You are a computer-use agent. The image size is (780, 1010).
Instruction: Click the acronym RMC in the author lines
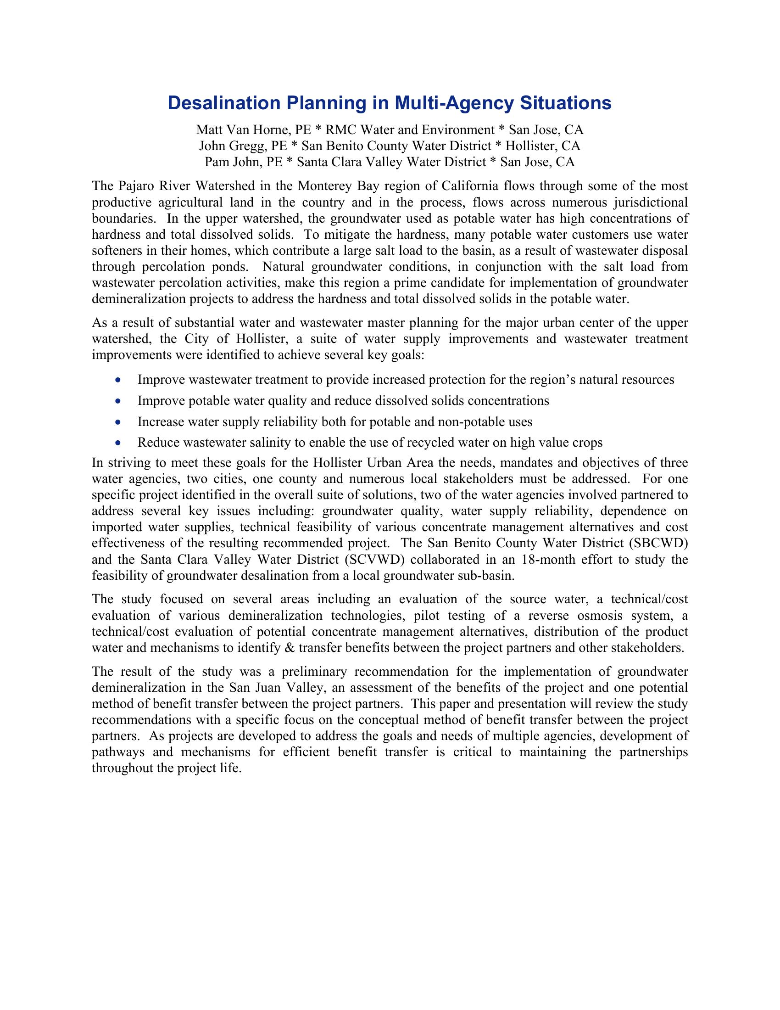click(x=341, y=129)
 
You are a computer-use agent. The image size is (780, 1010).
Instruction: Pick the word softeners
click(x=114, y=251)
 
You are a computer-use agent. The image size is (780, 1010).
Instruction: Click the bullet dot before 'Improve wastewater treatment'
click(x=119, y=380)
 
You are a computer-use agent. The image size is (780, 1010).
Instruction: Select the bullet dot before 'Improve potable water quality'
click(x=119, y=400)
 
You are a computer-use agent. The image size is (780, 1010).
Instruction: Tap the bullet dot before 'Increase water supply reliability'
click(x=119, y=422)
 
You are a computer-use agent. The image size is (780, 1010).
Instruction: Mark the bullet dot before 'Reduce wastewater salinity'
click(x=119, y=443)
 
